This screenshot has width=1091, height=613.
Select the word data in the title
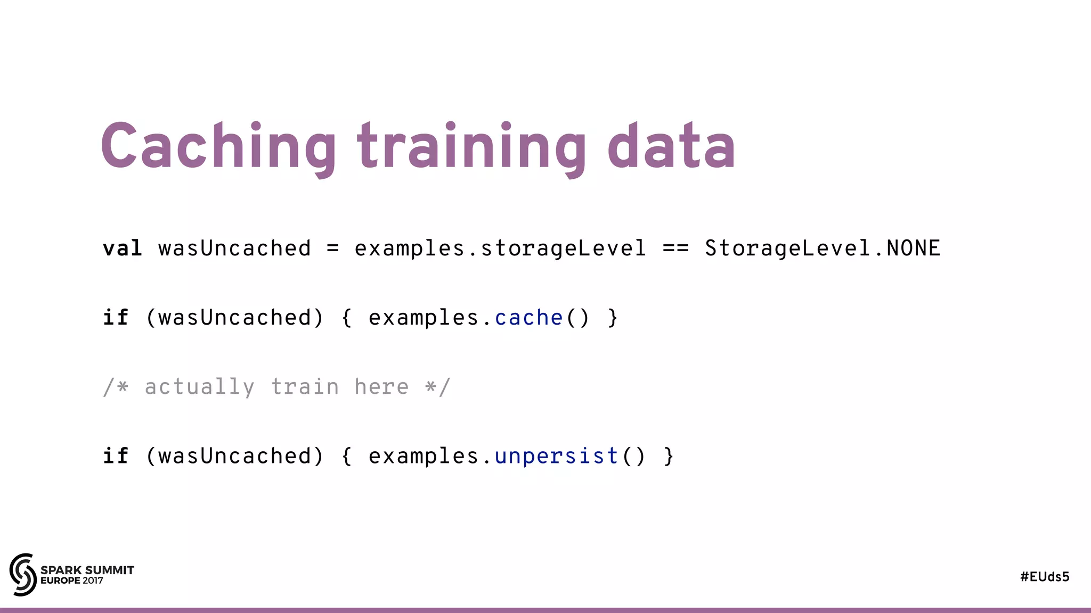(671, 146)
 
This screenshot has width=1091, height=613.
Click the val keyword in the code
(123, 248)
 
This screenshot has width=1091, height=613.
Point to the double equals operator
(675, 248)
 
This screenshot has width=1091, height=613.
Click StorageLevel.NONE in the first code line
(823, 248)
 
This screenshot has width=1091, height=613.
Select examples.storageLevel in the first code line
(500, 248)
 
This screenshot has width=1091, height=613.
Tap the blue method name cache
(528, 318)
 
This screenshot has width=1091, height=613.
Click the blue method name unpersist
(556, 456)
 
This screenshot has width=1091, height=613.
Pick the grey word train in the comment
(305, 387)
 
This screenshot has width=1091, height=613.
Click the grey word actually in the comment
(200, 387)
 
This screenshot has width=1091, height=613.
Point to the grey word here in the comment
(381, 387)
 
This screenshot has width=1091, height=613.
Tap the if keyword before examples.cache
(116, 318)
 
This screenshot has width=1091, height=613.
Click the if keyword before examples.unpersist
(116, 456)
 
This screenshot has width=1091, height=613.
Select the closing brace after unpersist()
(669, 456)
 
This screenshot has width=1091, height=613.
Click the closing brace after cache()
(613, 318)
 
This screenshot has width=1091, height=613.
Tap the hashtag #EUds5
(1045, 577)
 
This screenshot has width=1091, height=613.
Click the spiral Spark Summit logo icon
(23, 575)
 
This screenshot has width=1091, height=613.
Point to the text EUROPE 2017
(72, 581)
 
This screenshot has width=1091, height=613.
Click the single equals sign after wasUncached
(332, 248)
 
